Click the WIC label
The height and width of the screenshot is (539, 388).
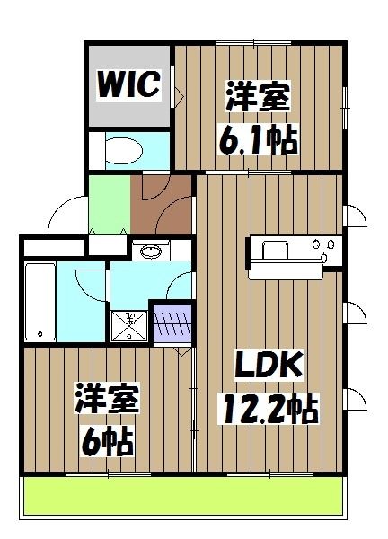tap(129, 84)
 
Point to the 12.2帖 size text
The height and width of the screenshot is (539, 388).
tap(267, 411)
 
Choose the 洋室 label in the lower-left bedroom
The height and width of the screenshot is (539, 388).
tap(105, 398)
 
